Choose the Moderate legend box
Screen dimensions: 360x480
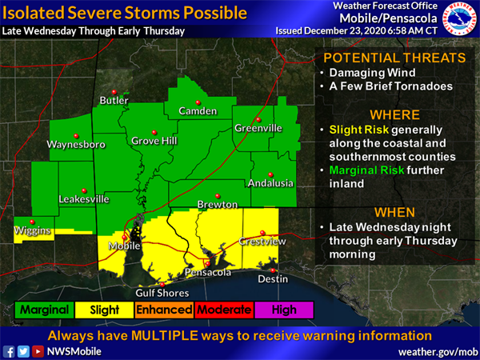[224, 310]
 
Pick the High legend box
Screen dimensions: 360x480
[284, 310]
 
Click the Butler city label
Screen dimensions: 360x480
[114, 100]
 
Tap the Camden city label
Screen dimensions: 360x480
[198, 110]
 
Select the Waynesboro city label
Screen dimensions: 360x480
[76, 146]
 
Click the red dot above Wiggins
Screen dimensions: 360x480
[32, 222]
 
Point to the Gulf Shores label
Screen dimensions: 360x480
[161, 293]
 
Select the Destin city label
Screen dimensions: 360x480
[272, 279]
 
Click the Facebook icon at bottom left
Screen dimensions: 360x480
[9, 350]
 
